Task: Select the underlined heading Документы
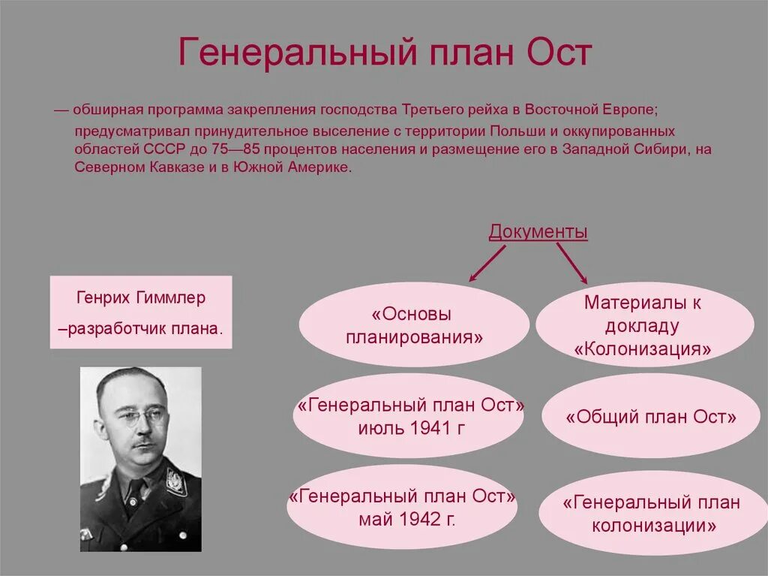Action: pyautogui.click(x=538, y=232)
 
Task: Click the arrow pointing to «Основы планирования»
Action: pyautogui.click(x=487, y=263)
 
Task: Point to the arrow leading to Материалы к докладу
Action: pyautogui.click(x=571, y=263)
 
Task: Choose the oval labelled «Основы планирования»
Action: pyautogui.click(x=414, y=325)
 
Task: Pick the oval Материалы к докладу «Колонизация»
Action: pyautogui.click(x=643, y=325)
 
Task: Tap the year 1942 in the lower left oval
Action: pyautogui.click(x=418, y=518)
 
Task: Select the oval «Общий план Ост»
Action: pyautogui.click(x=650, y=418)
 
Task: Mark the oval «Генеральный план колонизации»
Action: pyautogui.click(x=652, y=514)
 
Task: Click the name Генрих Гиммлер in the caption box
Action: pyautogui.click(x=141, y=298)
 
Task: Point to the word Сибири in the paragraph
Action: pyautogui.click(x=664, y=149)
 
